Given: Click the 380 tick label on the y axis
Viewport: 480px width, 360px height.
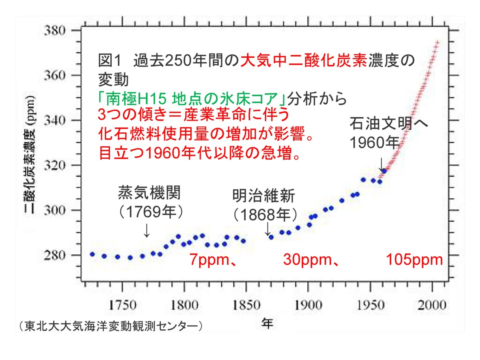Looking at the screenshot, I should [x=52, y=30].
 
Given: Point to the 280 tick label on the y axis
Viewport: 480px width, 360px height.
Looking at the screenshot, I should [x=52, y=255].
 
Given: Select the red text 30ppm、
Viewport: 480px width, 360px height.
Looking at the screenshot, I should [x=312, y=260].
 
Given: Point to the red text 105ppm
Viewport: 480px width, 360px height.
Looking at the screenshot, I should [x=414, y=260].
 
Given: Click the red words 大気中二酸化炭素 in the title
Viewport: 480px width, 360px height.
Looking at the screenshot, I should [x=304, y=61].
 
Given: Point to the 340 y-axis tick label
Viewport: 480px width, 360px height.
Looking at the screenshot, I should [x=52, y=120].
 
